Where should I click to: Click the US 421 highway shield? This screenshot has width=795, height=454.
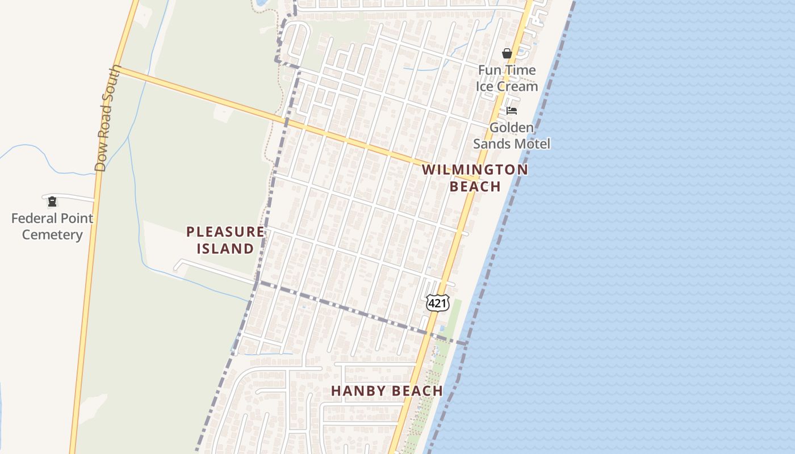pos(438,303)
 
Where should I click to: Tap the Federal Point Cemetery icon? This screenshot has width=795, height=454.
pos(52,201)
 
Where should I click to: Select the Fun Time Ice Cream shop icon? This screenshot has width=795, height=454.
pos(507,53)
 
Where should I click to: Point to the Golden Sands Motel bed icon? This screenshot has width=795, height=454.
pos(512,111)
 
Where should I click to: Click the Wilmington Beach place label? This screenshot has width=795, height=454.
pos(475,178)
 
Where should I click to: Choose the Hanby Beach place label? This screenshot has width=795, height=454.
pos(387,390)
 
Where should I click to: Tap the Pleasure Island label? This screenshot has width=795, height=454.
pos(225,240)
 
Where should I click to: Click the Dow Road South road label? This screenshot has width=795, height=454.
pos(108,118)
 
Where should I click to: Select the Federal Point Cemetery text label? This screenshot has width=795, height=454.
pos(52,226)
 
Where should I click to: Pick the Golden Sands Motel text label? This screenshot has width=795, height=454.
pos(512,136)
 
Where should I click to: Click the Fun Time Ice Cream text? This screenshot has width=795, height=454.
pos(507,78)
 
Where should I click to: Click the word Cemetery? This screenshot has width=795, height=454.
pos(52,235)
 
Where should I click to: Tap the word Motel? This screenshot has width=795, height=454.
pos(532,144)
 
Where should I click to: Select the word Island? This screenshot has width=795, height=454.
pos(225,249)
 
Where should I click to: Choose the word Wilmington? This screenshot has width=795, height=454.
pos(475,169)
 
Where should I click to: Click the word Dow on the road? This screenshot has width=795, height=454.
pos(101,161)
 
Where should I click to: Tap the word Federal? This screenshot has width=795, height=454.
pos(37,218)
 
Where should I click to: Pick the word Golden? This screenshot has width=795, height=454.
pos(512,128)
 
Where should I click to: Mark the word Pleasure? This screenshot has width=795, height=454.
pos(225,232)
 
